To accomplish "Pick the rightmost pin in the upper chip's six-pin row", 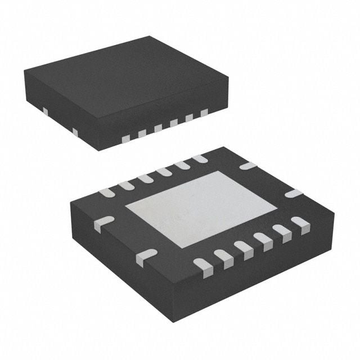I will coord(204,112).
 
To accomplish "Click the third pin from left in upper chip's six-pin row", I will coord(158,128).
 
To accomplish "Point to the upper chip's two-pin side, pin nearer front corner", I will coord(75,132).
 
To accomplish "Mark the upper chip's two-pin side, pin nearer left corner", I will coord(45,112).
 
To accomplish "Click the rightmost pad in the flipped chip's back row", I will coord(200,159).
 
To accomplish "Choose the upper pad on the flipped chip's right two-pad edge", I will coord(247,166).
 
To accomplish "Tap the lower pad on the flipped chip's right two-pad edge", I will coord(293,193).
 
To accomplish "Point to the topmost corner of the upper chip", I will coord(151,37).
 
